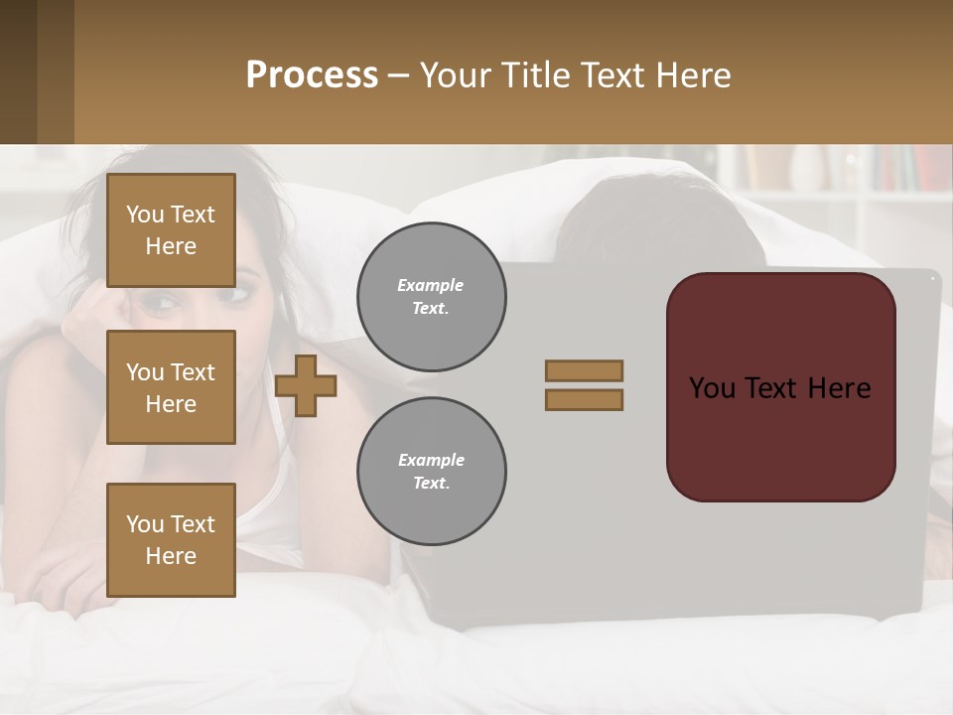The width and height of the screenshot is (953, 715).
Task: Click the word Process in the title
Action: pos(312,75)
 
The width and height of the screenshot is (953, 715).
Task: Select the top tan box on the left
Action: pos(171,230)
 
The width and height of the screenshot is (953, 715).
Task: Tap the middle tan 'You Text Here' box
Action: pos(171,387)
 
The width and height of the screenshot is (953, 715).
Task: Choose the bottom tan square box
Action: pos(171,540)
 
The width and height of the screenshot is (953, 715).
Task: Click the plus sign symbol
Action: pos(306,385)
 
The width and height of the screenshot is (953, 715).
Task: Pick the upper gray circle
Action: pos(432,297)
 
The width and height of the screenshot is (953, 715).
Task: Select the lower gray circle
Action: pos(432,472)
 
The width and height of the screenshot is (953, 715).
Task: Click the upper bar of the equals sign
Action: pos(585,370)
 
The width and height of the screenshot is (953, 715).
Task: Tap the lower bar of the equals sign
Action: pos(585,399)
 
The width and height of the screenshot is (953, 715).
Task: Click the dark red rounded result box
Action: pos(781,387)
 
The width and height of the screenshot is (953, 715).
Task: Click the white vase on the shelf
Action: pos(806,169)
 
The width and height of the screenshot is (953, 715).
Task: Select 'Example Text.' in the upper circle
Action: pos(431,297)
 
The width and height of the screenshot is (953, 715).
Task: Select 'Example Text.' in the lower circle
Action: pos(431,472)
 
